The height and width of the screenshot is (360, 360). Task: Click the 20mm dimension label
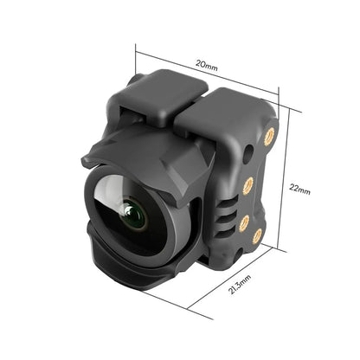pyautogui.click(x=205, y=64)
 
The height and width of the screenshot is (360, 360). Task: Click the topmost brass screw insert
pyautogui.click(x=268, y=136)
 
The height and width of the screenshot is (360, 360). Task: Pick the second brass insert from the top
pyautogui.click(x=247, y=183)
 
